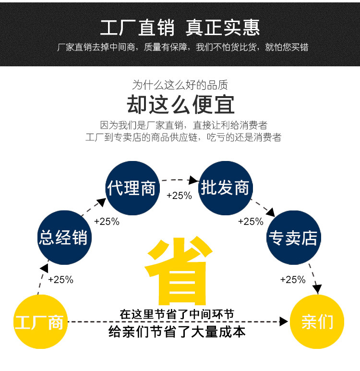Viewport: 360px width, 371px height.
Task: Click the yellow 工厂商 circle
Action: point(39,322)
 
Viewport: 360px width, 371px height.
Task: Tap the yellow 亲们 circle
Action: point(317,322)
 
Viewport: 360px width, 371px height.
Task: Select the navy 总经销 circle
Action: point(64,237)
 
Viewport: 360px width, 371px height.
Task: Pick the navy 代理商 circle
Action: point(132,188)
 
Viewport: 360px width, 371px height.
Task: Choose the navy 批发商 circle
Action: point(226,188)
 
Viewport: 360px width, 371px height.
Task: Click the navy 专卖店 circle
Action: point(293,237)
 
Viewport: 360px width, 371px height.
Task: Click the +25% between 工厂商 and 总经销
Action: point(60,280)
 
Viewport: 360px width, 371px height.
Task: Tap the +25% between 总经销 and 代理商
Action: point(107,222)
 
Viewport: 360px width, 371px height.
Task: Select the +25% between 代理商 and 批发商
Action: point(179,196)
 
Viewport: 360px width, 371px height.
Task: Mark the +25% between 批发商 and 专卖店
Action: point(251,222)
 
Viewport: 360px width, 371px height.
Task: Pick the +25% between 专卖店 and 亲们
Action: point(293,280)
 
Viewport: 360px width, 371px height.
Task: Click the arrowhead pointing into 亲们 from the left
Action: point(284,322)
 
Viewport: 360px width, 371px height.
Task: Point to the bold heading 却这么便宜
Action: point(180,104)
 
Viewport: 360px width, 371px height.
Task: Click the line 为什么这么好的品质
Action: point(180,86)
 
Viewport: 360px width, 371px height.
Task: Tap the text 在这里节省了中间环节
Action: point(177,314)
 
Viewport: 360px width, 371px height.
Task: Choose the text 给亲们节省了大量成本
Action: point(177,332)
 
